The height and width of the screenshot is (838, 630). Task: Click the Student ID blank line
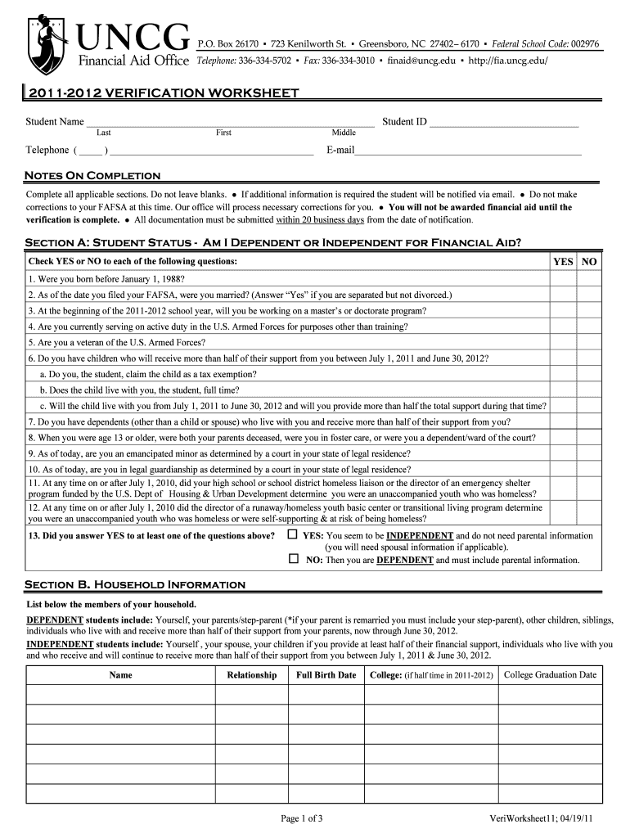(504, 124)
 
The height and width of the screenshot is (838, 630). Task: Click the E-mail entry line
(468, 151)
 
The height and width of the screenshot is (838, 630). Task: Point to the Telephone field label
(47, 151)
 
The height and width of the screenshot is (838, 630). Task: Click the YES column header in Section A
(563, 261)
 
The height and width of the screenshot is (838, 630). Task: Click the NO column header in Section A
(589, 261)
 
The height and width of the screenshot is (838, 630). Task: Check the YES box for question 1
(563, 278)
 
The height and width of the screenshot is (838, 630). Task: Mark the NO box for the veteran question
(589, 343)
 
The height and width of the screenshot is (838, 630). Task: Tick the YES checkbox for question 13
(293, 535)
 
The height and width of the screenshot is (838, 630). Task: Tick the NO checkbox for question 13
(293, 560)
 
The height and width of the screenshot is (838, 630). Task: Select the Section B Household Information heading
(135, 584)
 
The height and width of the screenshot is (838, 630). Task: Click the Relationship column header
(251, 675)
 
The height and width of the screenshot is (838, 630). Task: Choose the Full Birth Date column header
(326, 675)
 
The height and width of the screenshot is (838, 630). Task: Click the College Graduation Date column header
(551, 675)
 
